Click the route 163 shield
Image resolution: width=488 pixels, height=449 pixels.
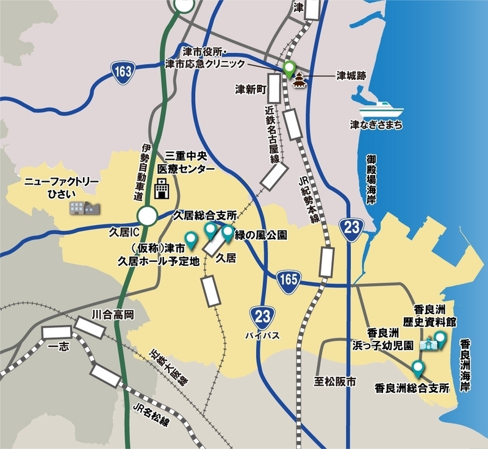pyautogui.click(x=122, y=72)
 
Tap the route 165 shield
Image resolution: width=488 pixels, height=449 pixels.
pyautogui.click(x=287, y=278)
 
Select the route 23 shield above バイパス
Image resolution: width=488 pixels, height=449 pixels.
pyautogui.click(x=260, y=317)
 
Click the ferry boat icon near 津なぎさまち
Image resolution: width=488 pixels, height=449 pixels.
pyautogui.click(x=381, y=110)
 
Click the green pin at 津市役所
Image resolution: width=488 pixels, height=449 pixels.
pyautogui.click(x=289, y=69)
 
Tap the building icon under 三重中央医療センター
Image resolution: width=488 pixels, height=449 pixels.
pyautogui.click(x=162, y=189)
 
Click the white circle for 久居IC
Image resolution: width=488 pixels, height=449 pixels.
pyautogui.click(x=147, y=216)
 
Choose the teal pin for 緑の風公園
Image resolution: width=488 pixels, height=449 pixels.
pyautogui.click(x=228, y=232)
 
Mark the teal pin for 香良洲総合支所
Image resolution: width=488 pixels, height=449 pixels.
pyautogui.click(x=418, y=368)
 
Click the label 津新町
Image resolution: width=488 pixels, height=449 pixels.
pyautogui.click(x=252, y=90)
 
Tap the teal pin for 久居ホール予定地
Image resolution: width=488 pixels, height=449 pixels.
pyautogui.click(x=192, y=240)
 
